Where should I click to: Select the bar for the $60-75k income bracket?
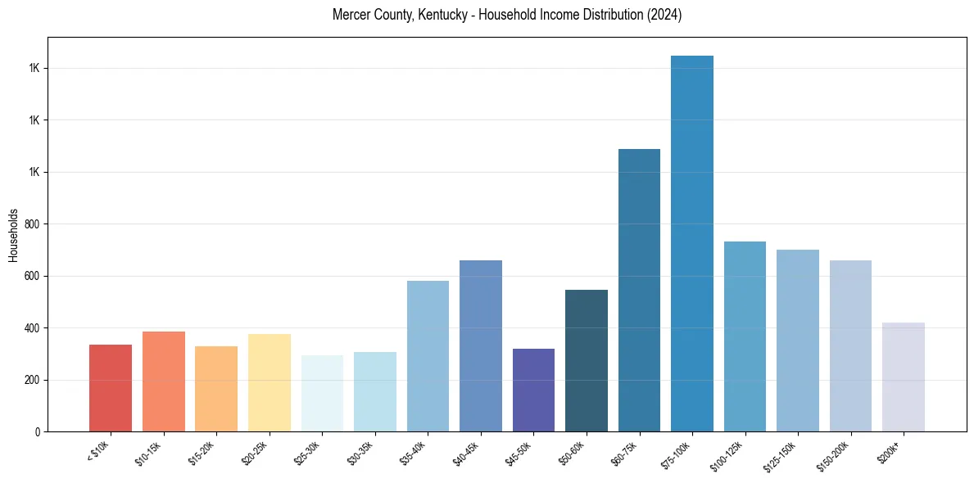click(639, 290)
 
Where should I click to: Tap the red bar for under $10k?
click(111, 388)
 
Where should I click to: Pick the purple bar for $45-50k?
click(533, 390)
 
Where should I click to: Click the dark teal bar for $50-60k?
click(587, 360)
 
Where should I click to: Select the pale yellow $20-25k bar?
click(270, 382)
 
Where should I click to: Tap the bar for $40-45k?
click(481, 345)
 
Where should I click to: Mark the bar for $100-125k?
click(745, 336)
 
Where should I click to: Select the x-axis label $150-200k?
click(844, 455)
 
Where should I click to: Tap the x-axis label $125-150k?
click(791, 455)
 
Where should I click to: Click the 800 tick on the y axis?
click(33, 224)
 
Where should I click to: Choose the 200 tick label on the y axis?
click(33, 380)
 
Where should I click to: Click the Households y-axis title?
click(14, 235)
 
